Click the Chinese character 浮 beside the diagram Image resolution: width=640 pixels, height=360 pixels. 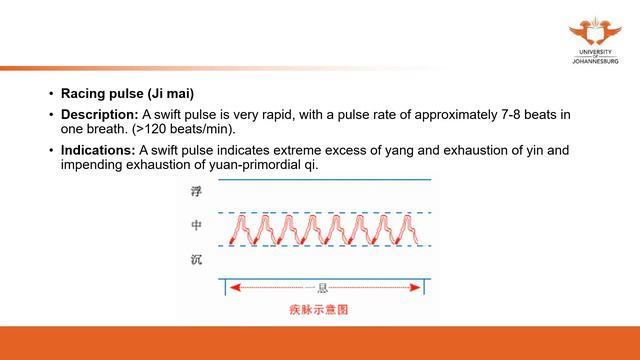(x=196, y=189)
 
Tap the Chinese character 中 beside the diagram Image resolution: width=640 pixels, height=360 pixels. (x=196, y=225)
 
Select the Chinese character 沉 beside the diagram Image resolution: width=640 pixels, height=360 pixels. (x=196, y=261)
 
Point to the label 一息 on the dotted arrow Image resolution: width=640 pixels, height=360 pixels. (x=326, y=287)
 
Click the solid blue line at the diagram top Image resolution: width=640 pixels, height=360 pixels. (x=325, y=180)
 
